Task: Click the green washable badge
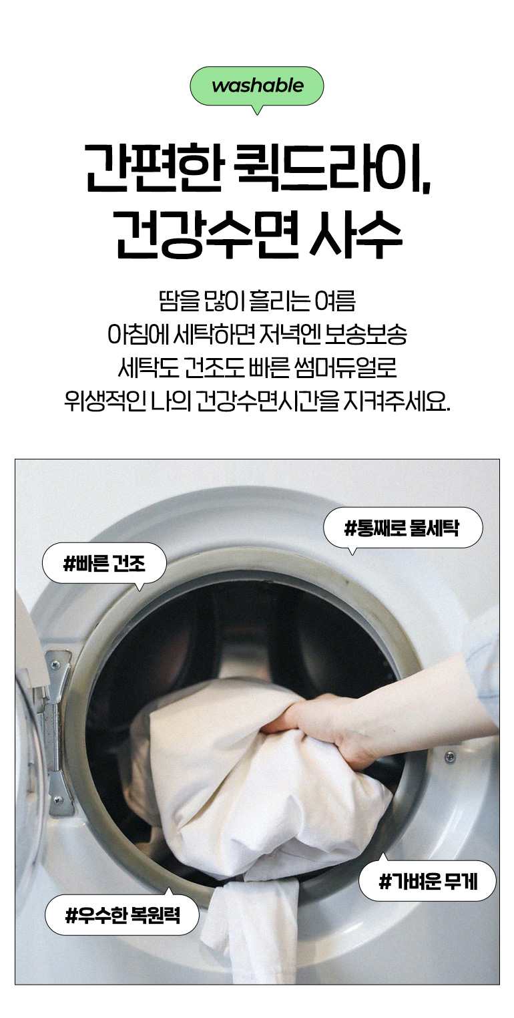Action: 257,86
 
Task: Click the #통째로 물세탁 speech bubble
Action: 402,528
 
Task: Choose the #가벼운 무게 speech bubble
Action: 427,881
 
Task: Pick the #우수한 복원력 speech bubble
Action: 122,914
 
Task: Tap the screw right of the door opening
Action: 450,756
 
